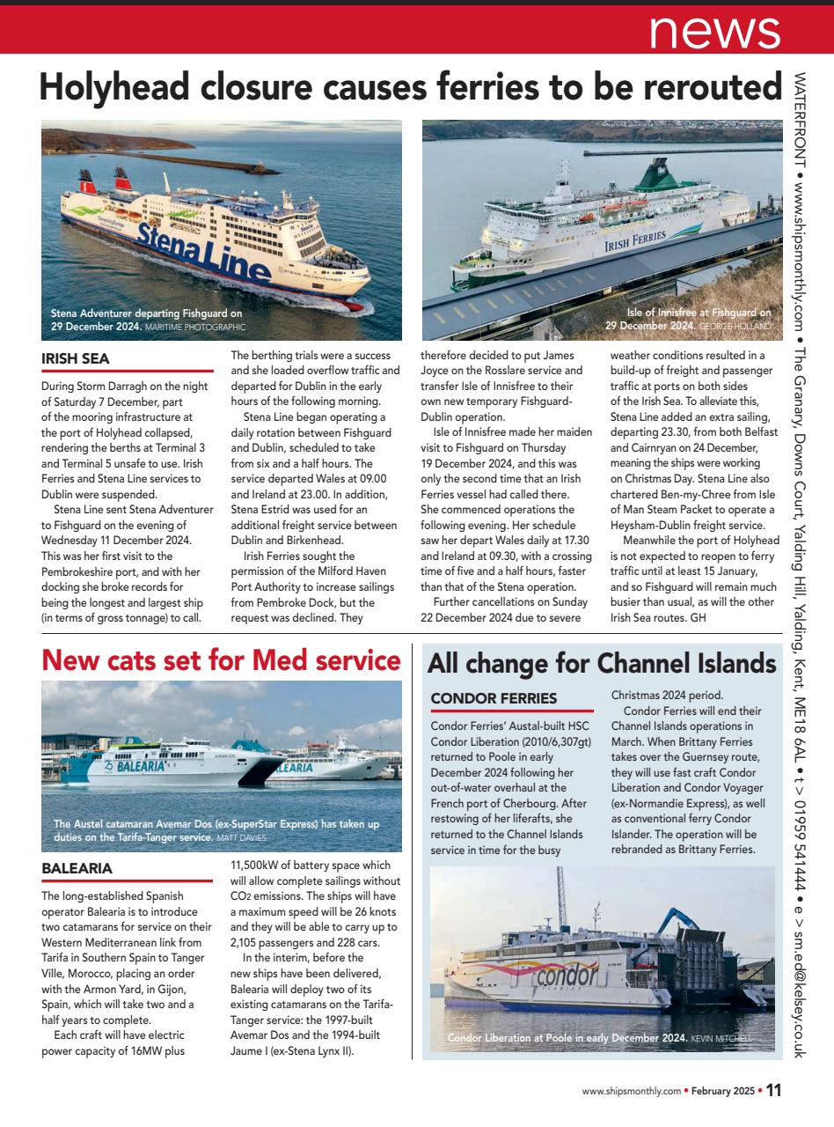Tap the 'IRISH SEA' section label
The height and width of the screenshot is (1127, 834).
[x=76, y=358]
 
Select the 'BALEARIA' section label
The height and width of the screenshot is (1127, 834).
[x=77, y=868]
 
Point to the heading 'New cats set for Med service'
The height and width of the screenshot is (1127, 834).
[x=221, y=659]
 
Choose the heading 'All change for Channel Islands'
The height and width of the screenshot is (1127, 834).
[x=602, y=663]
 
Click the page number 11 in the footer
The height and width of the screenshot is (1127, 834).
[x=772, y=1090]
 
